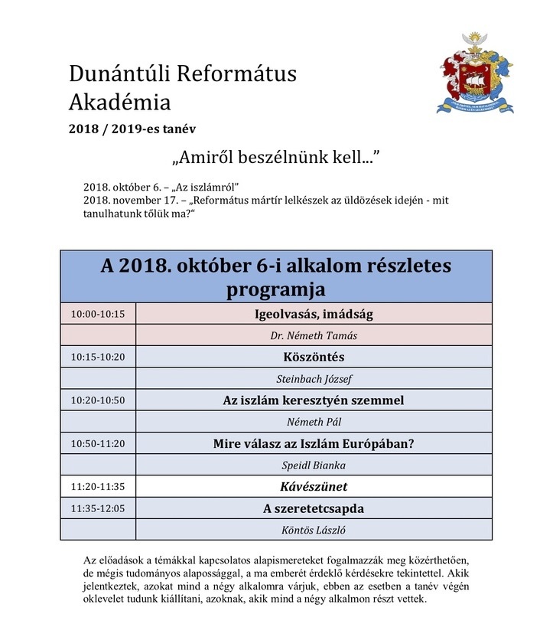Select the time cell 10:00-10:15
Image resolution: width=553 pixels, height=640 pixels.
[x=97, y=314]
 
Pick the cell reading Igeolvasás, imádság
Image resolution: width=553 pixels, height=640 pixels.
[x=314, y=314]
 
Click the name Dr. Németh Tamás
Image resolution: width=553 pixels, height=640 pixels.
[x=314, y=335]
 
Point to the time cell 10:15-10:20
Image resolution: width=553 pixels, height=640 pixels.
[x=97, y=357]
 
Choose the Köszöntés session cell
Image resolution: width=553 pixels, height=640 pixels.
[x=314, y=357]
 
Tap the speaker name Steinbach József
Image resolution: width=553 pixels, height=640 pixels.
[x=314, y=378]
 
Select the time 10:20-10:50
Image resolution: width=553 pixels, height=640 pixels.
[x=97, y=400]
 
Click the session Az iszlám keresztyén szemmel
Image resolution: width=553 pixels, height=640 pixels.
[x=314, y=400]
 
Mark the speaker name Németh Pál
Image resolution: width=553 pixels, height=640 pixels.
[x=314, y=421]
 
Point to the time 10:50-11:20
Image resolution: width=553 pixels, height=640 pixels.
[x=97, y=442]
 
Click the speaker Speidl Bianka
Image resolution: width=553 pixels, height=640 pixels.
[x=314, y=464]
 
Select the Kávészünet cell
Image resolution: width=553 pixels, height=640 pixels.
[x=314, y=485]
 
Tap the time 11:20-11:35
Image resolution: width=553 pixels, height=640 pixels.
[x=97, y=485]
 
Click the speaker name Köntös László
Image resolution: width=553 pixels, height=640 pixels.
[x=314, y=529]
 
